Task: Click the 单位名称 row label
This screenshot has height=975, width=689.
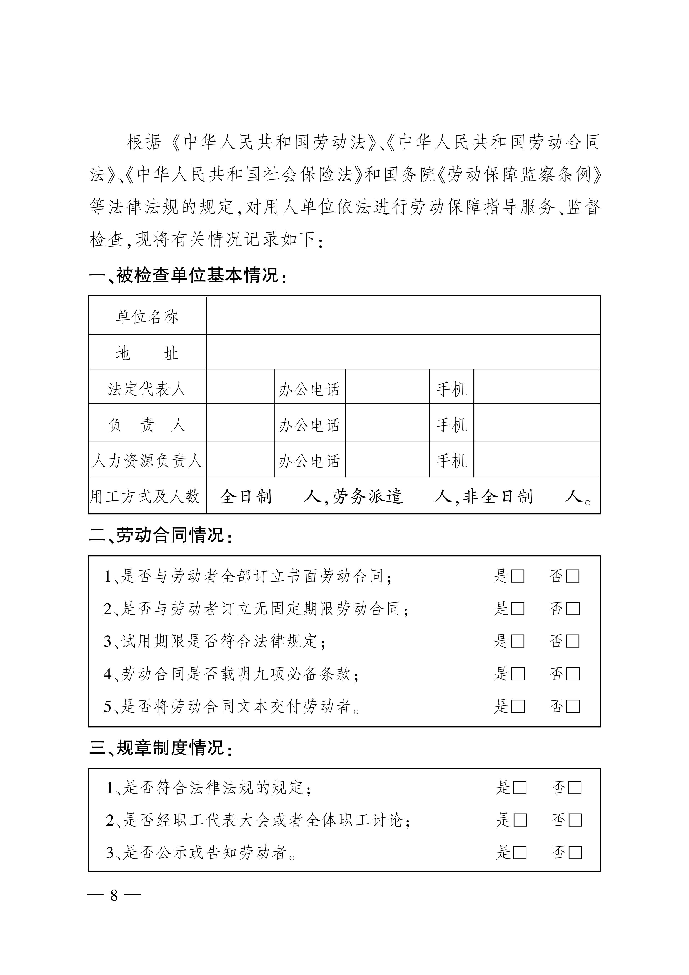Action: coord(147,317)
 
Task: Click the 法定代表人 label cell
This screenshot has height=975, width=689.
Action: coord(147,388)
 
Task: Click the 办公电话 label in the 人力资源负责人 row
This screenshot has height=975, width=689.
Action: coord(309,461)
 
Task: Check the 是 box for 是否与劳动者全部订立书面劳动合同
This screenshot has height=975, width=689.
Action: coord(518,577)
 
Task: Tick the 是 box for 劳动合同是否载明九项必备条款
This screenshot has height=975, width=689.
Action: coord(518,674)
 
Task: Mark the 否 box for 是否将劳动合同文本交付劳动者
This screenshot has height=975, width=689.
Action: coord(573,707)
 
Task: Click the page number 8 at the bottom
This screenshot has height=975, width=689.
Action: coord(114,896)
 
